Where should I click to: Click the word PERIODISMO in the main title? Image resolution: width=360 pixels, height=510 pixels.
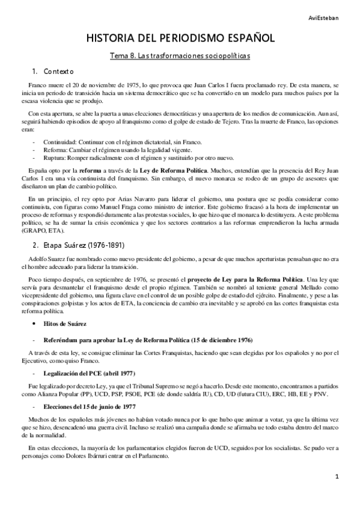(182, 38)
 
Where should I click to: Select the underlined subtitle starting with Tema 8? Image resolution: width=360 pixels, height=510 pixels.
(180, 55)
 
